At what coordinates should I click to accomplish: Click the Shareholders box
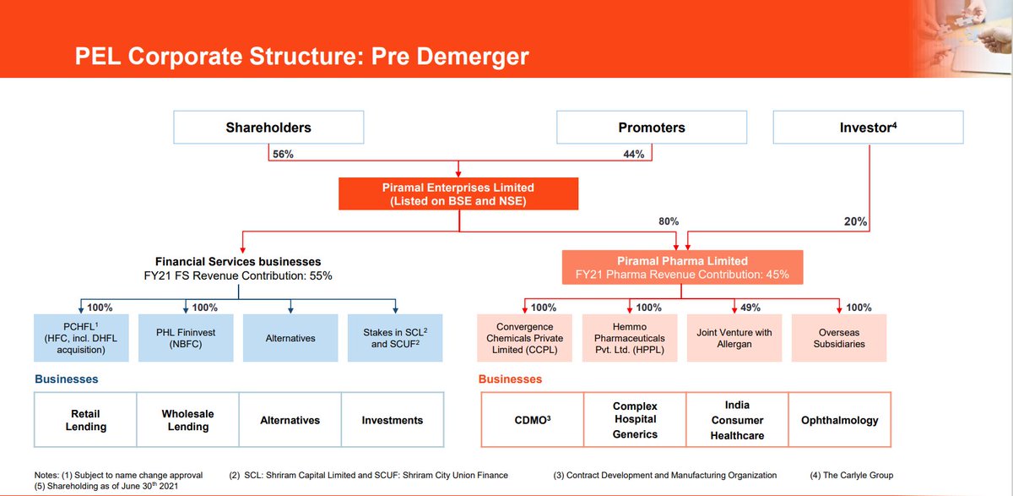[x=268, y=128]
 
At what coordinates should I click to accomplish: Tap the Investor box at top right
[x=868, y=128]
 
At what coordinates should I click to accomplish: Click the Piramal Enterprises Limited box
[x=459, y=193]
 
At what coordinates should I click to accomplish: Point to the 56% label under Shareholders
[x=283, y=155]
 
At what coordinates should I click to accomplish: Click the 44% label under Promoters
[x=633, y=155]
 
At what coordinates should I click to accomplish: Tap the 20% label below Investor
[x=855, y=222]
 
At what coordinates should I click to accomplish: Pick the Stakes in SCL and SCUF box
[x=396, y=338]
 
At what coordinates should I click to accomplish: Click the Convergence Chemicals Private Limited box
[x=525, y=338]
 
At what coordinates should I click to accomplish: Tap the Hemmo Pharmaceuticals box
[x=630, y=338]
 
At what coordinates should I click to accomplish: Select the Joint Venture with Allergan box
[x=734, y=338]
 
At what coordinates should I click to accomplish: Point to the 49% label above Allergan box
[x=750, y=308]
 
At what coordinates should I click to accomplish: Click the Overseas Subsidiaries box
[x=840, y=338]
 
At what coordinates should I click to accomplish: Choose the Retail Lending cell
[x=86, y=420]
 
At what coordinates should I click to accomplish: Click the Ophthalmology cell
[x=839, y=420]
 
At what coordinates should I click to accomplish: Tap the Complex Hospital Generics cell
[x=635, y=420]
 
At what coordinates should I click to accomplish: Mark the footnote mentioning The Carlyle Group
[x=851, y=475]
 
